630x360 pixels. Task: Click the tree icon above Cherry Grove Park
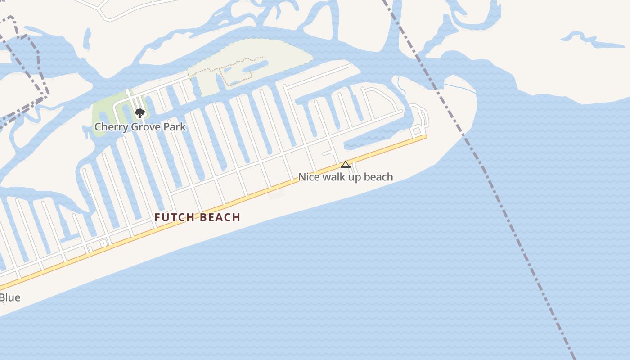140,113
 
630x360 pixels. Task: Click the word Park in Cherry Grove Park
175,127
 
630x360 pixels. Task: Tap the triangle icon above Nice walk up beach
345,164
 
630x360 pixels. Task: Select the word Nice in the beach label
309,177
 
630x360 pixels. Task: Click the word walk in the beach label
334,177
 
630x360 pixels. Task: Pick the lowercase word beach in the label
378,177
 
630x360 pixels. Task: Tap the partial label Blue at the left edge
10,298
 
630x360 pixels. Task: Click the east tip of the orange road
425,136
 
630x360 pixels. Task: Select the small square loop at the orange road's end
417,130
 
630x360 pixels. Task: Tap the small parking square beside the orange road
103,243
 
